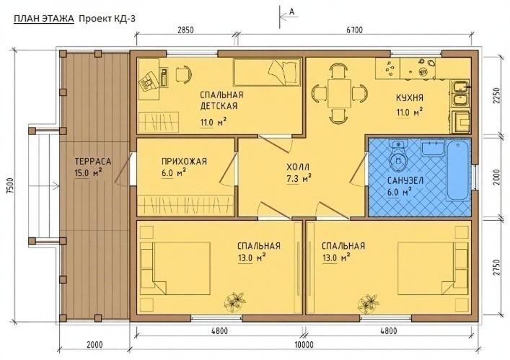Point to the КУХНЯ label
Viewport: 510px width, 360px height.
pyautogui.click(x=409, y=99)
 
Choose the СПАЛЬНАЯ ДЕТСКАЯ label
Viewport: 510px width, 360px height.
pyautogui.click(x=221, y=100)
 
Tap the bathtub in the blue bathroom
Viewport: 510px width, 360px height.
pyautogui.click(x=458, y=172)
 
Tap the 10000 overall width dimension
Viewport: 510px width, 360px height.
pyautogui.click(x=303, y=345)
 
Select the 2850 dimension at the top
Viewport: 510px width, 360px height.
pyautogui.click(x=185, y=30)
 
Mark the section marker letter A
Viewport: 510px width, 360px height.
pyautogui.click(x=291, y=12)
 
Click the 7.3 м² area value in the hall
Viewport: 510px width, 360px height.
pyautogui.click(x=299, y=176)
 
